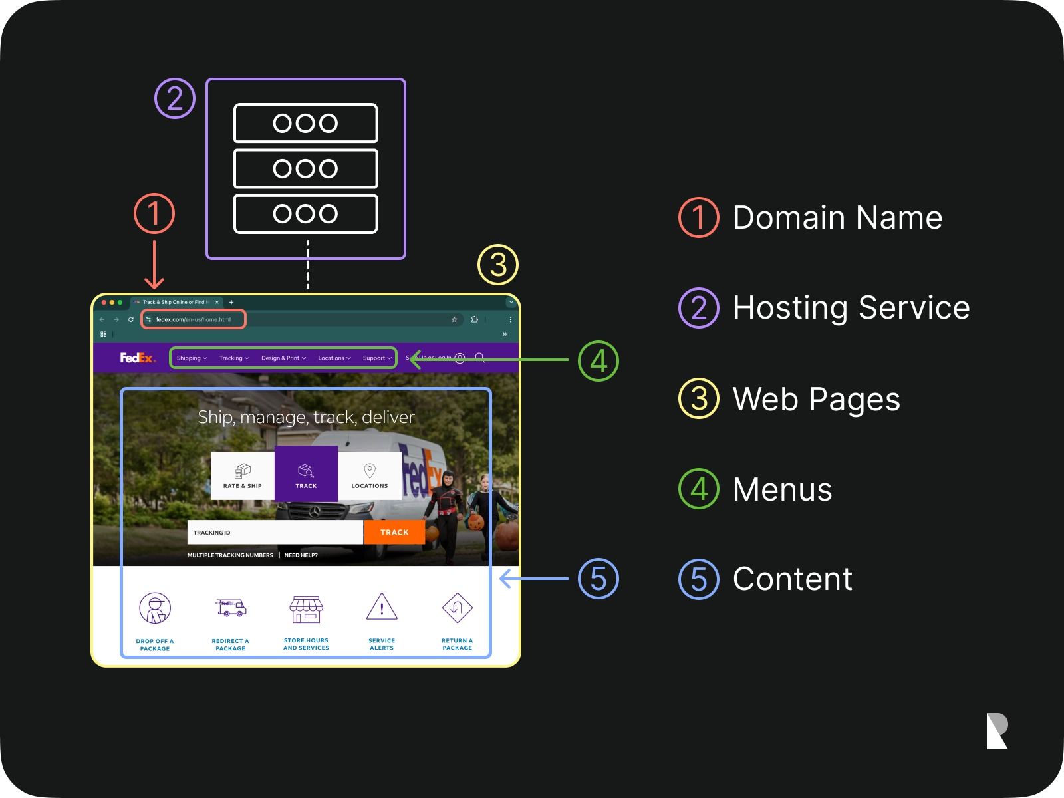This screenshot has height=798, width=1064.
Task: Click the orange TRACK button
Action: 394,532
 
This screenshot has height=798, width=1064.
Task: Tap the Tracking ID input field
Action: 275,532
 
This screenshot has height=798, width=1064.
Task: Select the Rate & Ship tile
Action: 243,475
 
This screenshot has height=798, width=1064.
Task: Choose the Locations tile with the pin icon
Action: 370,475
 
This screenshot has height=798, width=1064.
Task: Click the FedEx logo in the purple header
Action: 138,358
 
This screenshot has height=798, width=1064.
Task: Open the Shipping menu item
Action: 192,358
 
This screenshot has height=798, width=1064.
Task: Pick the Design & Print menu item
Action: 283,358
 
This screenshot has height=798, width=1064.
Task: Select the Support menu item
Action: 377,358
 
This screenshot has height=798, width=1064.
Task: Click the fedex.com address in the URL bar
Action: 194,319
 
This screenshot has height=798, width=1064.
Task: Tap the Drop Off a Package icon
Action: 155,608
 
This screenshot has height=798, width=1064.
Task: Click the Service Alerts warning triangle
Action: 382,606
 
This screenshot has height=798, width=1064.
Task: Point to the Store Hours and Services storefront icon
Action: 307,608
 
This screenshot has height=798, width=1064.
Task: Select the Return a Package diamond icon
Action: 458,607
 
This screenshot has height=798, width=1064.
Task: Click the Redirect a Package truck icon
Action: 231,608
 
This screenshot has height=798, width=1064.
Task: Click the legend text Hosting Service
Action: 851,308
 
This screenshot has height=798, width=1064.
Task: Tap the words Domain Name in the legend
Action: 837,217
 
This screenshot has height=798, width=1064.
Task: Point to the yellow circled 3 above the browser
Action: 498,265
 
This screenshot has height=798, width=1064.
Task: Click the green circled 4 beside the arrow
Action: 598,361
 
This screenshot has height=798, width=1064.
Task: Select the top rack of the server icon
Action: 306,123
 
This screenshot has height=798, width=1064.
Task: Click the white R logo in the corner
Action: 997,731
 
